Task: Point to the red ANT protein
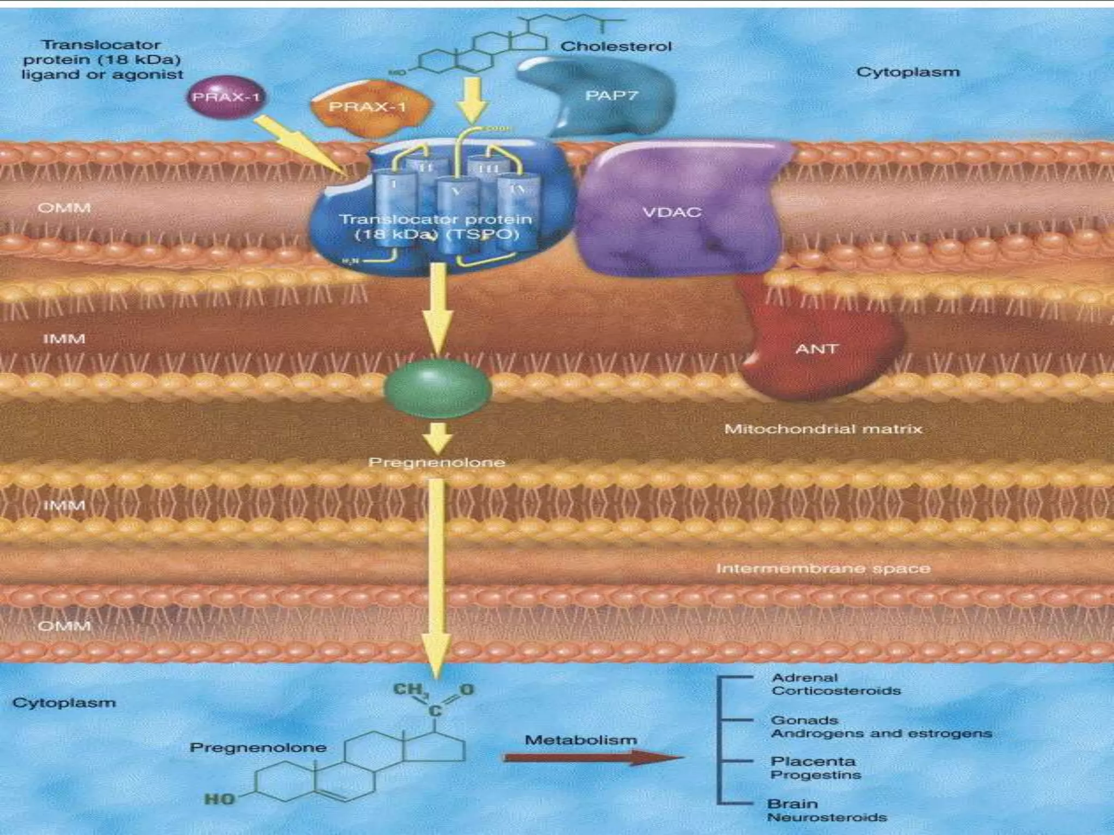click(x=816, y=348)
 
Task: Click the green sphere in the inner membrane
click(x=438, y=388)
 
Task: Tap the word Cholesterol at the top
click(x=616, y=47)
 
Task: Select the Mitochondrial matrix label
click(x=823, y=429)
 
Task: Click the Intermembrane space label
click(x=822, y=569)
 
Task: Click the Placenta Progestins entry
click(x=815, y=768)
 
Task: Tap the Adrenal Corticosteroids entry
click(x=835, y=684)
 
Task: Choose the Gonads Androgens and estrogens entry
click(x=881, y=727)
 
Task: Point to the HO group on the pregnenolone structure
click(x=219, y=799)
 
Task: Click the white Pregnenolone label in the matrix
click(x=437, y=463)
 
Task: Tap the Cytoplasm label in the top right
click(x=908, y=72)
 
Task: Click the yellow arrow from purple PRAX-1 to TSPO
click(x=302, y=146)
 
